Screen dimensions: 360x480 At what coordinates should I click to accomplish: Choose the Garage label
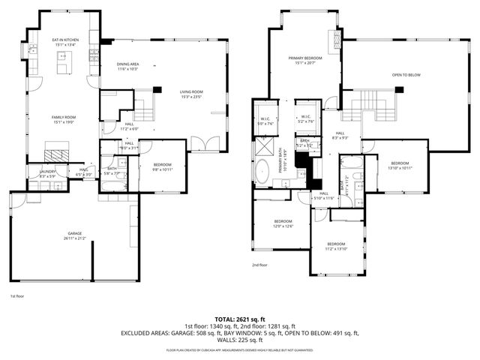(73, 235)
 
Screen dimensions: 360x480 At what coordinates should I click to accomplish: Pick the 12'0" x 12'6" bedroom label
(283, 223)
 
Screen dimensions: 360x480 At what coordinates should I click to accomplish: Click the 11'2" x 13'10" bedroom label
(337, 246)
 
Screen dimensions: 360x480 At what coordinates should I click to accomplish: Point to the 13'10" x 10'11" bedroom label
(400, 165)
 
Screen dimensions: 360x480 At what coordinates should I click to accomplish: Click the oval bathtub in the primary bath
(264, 172)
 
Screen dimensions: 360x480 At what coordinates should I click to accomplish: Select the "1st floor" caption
(17, 296)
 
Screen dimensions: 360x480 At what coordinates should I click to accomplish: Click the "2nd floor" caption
(259, 265)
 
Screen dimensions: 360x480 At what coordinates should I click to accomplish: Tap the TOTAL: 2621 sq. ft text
(240, 319)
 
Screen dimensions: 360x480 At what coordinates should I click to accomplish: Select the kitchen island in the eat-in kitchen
(63, 68)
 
